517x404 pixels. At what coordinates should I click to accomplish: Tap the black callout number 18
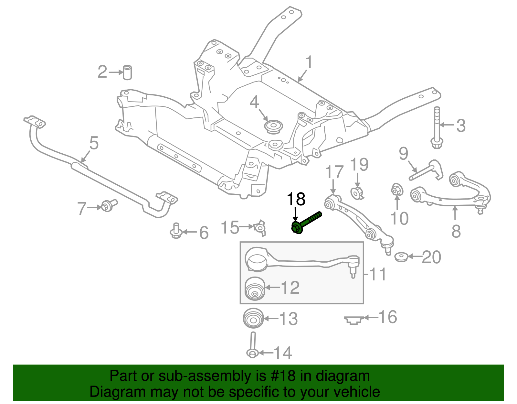296,199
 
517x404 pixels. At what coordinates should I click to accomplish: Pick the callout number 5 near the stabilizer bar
94,143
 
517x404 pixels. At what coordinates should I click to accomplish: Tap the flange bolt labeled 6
176,231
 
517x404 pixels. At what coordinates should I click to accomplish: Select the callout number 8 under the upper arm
456,231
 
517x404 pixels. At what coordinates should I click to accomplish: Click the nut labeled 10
397,190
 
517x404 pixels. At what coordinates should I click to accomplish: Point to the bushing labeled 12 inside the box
255,289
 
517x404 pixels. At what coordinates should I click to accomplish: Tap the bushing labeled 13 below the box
253,318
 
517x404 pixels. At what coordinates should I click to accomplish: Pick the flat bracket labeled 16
354,320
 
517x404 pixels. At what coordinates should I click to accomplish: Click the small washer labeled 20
402,257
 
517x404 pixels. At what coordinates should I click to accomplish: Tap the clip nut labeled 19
357,193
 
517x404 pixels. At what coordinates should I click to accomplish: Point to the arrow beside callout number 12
272,287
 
